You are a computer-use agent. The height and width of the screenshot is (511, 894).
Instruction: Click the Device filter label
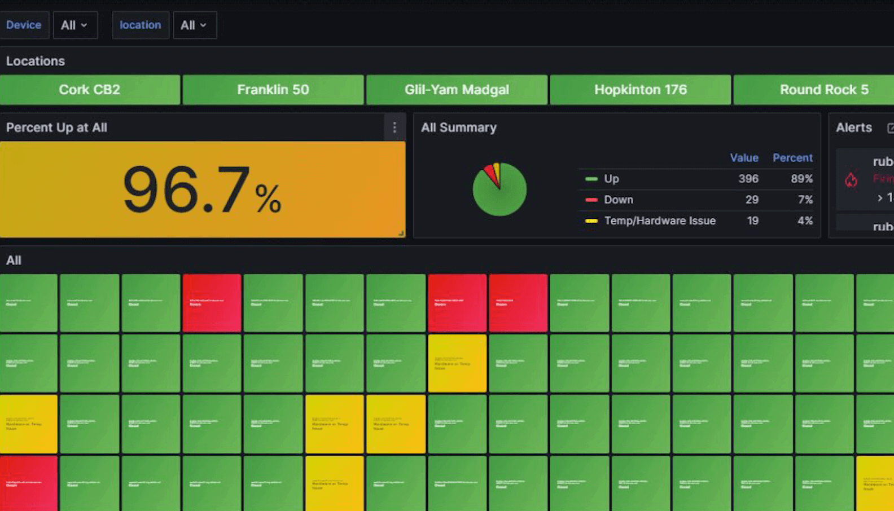pos(24,25)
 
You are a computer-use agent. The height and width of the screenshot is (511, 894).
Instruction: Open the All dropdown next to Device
pos(74,25)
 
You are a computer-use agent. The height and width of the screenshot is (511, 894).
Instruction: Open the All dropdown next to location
pos(194,25)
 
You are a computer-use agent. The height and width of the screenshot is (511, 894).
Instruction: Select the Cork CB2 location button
pos(90,90)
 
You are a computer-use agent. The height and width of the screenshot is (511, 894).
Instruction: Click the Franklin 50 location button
pos(273,90)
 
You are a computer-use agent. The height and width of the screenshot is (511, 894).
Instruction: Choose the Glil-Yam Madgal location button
pos(457,90)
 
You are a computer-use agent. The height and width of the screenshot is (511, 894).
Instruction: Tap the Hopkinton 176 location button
pos(640,90)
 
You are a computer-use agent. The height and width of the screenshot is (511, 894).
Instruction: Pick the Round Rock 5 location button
pos(823,90)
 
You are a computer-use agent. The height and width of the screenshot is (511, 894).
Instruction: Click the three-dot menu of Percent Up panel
pos(395,127)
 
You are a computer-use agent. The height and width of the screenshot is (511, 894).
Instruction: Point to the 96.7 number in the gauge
pos(186,190)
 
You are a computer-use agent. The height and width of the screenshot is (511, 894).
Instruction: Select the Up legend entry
pos(611,179)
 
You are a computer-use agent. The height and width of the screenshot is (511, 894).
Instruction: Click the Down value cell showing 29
pos(751,200)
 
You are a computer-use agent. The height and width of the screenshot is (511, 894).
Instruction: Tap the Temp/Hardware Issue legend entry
pos(659,221)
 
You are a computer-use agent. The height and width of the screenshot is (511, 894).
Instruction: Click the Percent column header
pos(792,158)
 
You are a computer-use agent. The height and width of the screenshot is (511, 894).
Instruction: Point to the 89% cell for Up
pos(801,179)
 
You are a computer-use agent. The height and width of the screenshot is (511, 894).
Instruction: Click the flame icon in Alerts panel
pos(851,179)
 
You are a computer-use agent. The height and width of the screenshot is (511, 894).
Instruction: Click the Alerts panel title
pos(853,127)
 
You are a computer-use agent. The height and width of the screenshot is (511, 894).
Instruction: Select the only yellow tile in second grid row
pos(457,363)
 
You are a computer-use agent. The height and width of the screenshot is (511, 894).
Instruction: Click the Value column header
pos(744,158)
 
